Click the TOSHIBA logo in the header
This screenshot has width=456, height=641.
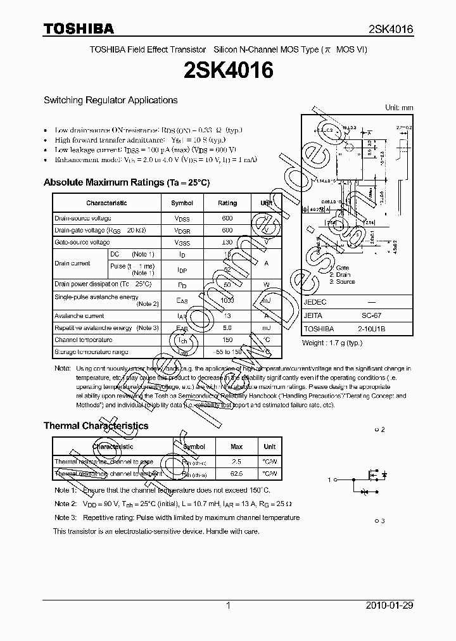tap(79, 29)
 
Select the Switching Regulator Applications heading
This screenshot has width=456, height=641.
tap(110, 100)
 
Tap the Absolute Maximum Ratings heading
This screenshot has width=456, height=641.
tap(126, 182)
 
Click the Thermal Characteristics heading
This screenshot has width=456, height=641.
tap(96, 426)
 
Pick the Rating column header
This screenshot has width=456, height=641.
tap(227, 203)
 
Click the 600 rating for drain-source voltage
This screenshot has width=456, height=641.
tap(227, 218)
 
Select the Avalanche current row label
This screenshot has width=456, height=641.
tap(79, 315)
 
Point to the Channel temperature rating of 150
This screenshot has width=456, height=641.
tap(227, 340)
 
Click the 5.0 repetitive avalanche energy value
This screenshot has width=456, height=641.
tap(227, 327)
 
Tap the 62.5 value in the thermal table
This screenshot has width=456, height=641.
tap(236, 473)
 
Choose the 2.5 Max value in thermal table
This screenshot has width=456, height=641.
tap(236, 462)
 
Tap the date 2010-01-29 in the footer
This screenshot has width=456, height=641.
tap(389, 606)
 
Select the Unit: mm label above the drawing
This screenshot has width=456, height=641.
tap(399, 108)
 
